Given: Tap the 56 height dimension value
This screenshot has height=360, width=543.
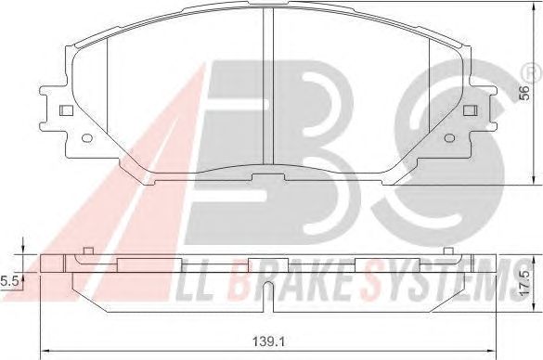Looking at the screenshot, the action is tap(525, 93).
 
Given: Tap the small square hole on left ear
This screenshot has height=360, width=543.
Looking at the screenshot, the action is tap(66, 110).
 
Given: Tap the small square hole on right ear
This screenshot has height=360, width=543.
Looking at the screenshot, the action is tap(471, 110).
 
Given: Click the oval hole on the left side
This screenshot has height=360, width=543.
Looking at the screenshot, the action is tap(87, 138).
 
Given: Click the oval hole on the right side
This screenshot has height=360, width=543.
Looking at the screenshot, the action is tap(449, 138).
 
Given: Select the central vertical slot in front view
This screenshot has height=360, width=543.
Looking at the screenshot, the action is tap(268, 86).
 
